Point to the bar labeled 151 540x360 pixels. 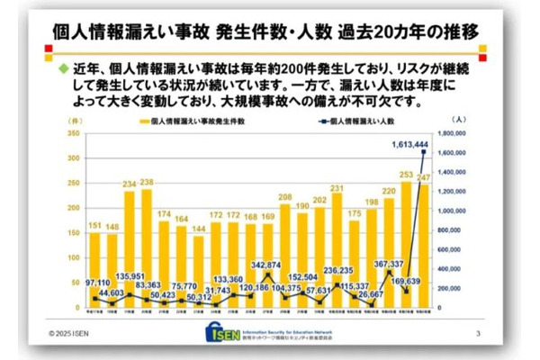[94, 270]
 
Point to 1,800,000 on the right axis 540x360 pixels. [451, 132]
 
